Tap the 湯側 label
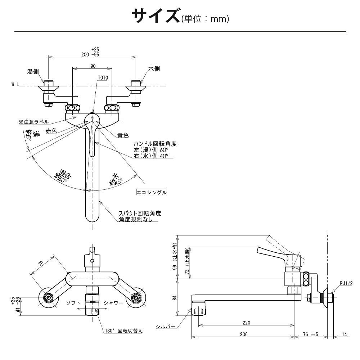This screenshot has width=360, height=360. tap(33, 71)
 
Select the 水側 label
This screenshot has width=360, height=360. tap(153, 69)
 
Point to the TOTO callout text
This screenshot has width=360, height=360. tap(103, 77)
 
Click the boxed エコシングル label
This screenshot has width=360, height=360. tap(152, 192)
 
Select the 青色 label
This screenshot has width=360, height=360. tap(123, 135)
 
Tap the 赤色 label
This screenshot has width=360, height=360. tap(51, 131)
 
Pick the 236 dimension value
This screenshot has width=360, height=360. tap(243, 334)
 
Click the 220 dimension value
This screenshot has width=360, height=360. tap(246, 323)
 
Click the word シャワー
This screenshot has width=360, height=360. tap(113, 303)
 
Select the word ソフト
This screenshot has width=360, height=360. tap(73, 303)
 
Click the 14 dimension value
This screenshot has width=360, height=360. tap(344, 334)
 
